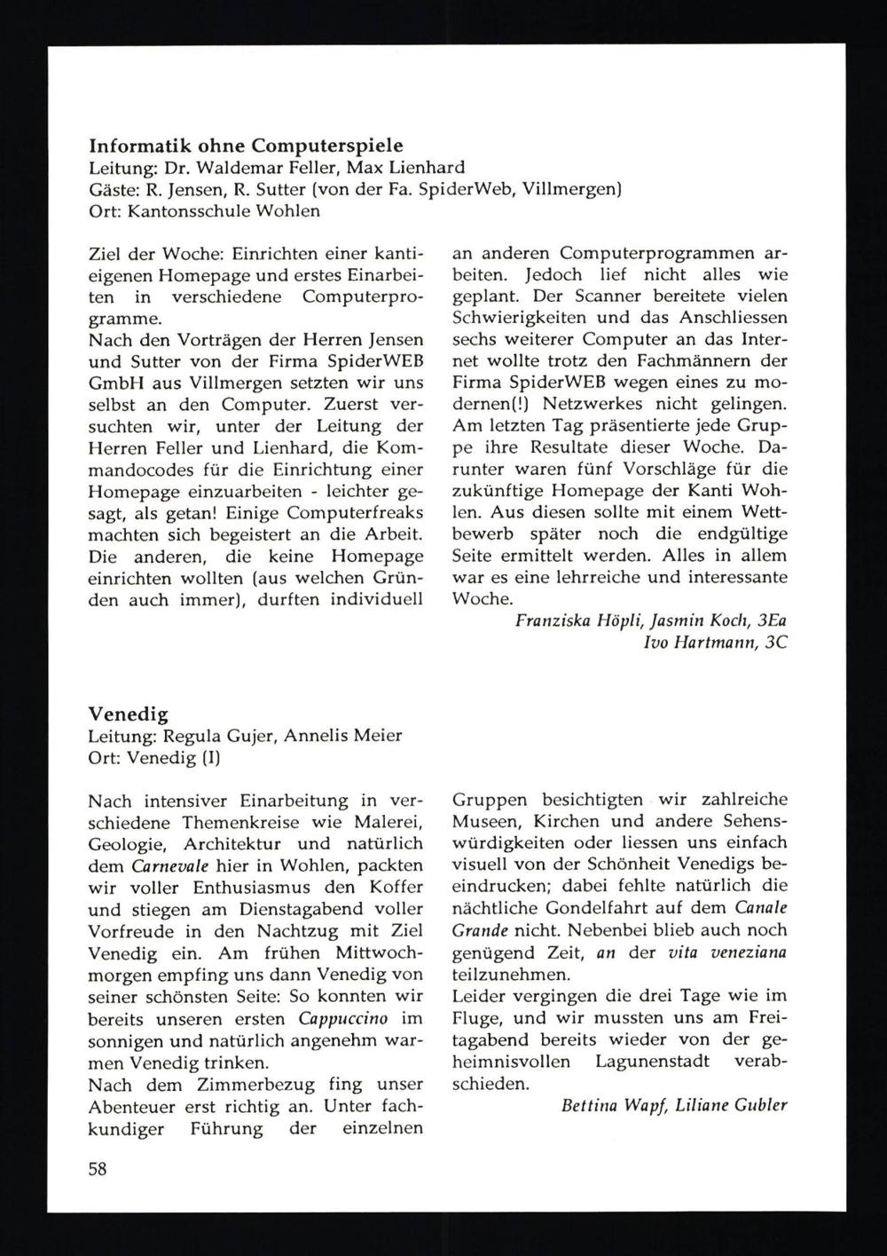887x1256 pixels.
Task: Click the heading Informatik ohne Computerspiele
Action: pyautogui.click(x=247, y=146)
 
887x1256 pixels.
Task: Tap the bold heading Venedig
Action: pyautogui.click(x=129, y=714)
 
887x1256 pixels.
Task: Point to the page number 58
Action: pyautogui.click(x=98, y=1168)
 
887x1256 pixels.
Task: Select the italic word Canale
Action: pyautogui.click(x=760, y=907)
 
